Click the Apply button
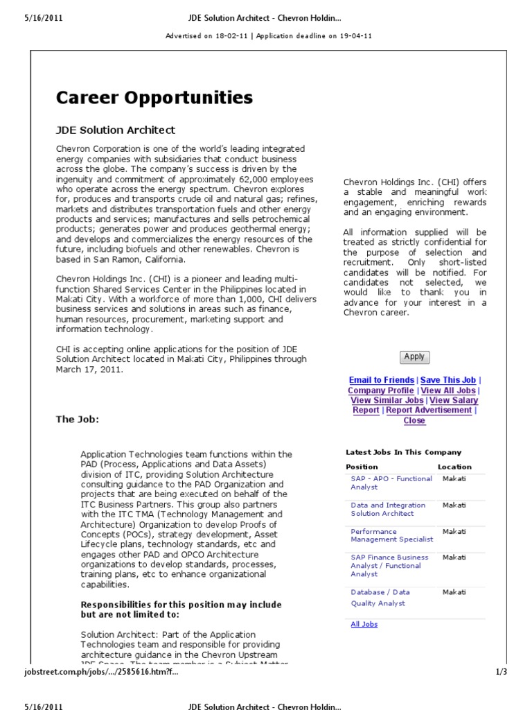click(414, 357)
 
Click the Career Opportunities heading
click(154, 98)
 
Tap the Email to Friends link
click(382, 380)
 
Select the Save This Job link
click(448, 380)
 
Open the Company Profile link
click(381, 390)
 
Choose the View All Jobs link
click(448, 390)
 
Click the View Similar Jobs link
click(387, 400)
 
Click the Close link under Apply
click(414, 420)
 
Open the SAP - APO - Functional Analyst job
click(391, 483)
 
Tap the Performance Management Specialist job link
click(391, 535)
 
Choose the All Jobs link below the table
click(364, 624)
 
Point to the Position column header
click(362, 467)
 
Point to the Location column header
click(454, 467)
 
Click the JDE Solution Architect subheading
click(116, 130)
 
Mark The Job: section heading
click(78, 419)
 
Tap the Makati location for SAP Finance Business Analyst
click(454, 557)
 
